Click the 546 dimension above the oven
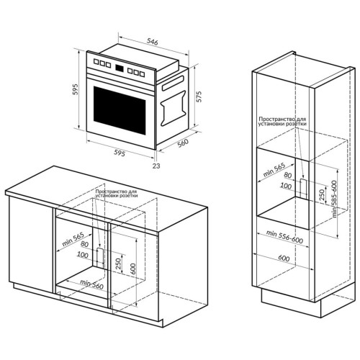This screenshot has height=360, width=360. [x=153, y=42]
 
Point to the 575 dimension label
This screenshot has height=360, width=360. [x=199, y=96]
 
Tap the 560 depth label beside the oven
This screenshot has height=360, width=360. [x=184, y=143]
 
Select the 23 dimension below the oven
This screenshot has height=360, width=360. [x=156, y=166]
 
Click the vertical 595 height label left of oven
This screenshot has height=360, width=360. [x=76, y=89]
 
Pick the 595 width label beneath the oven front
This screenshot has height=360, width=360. [x=120, y=153]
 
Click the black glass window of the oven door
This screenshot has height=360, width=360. [x=120, y=110]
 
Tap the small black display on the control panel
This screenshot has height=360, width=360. [x=120, y=68]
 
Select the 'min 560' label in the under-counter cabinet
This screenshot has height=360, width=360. [x=91, y=284]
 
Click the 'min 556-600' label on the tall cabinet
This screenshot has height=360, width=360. [x=284, y=237]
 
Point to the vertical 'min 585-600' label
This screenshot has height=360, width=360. [x=335, y=199]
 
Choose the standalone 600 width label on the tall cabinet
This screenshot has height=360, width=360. [x=284, y=258]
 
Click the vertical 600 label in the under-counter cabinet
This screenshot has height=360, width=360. [x=133, y=269]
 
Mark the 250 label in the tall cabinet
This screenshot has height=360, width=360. [x=323, y=194]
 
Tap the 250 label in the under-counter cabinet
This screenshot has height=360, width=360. [x=118, y=264]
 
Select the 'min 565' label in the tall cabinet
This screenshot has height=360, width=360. [x=274, y=170]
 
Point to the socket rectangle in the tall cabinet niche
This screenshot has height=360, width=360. [x=304, y=186]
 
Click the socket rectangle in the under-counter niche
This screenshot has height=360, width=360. [x=100, y=255]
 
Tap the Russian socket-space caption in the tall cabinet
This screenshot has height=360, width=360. [x=282, y=122]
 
